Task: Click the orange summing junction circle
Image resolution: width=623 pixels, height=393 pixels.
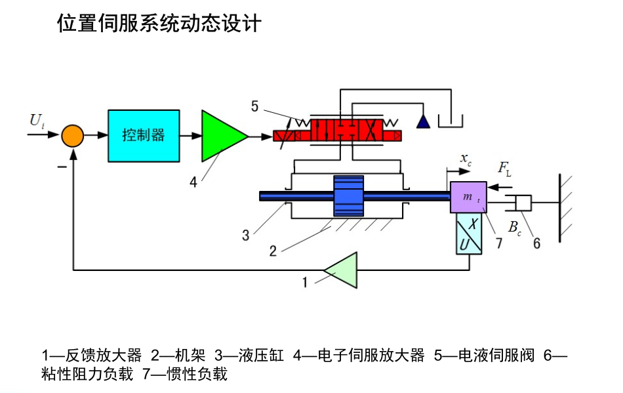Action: pyautogui.click(x=73, y=136)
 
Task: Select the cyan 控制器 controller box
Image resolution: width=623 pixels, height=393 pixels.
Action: pyautogui.click(x=144, y=136)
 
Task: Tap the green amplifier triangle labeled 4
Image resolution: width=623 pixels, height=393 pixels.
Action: pyautogui.click(x=222, y=136)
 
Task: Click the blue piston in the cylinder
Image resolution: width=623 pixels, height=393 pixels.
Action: pyautogui.click(x=348, y=196)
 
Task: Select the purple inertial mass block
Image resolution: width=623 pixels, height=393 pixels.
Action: pyautogui.click(x=468, y=197)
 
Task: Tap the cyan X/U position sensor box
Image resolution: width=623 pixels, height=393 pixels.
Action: pyautogui.click(x=469, y=234)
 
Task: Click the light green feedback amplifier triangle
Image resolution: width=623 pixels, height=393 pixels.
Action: pyautogui.click(x=343, y=270)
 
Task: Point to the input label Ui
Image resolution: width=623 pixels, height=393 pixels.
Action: pyautogui.click(x=37, y=120)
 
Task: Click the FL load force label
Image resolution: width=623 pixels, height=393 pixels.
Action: pyautogui.click(x=504, y=169)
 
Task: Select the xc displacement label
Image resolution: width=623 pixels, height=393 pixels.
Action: pyautogui.click(x=465, y=159)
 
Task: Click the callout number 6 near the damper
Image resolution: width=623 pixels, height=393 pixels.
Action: pyautogui.click(x=536, y=243)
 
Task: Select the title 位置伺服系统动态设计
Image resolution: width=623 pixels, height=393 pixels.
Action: pyautogui.click(x=159, y=24)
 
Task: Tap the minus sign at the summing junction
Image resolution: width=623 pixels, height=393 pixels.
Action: pyautogui.click(x=60, y=167)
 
